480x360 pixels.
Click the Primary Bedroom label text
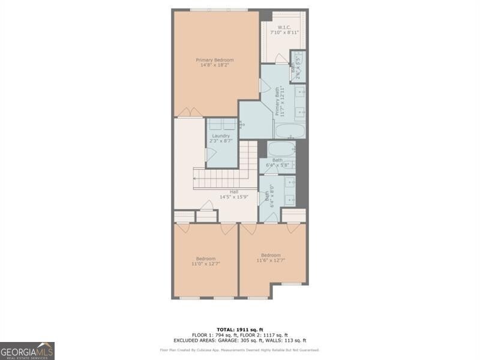pos(215,60)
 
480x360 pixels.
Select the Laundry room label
pos(221,136)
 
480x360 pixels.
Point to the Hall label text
pos(217,192)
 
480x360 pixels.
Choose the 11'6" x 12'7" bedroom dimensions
pos(271,260)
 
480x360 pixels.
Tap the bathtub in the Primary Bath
pos(289,130)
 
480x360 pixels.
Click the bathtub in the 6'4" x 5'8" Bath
pos(280,148)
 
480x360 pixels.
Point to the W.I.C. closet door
pos(281,59)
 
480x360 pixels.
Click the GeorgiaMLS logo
pos(28,350)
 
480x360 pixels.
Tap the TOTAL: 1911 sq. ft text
pos(239,329)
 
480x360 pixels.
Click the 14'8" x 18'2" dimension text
pos(215,65)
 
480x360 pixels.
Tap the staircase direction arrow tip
pos(194,178)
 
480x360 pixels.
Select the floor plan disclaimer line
pos(239,350)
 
